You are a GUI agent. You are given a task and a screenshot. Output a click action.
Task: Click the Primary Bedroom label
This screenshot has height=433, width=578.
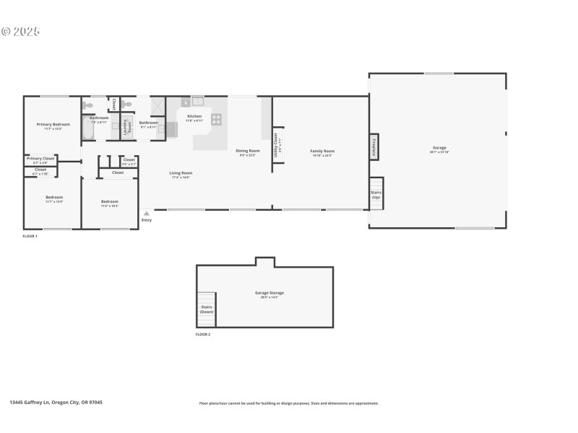(x=53, y=124)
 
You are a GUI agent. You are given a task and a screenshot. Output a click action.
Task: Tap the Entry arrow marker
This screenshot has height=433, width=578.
(x=146, y=214)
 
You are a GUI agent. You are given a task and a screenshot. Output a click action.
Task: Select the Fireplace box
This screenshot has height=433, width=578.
(x=374, y=146)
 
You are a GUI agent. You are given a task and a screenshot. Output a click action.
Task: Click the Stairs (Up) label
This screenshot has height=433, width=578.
(x=376, y=195)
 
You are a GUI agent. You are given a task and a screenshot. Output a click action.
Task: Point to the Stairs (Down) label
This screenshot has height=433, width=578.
(x=207, y=310)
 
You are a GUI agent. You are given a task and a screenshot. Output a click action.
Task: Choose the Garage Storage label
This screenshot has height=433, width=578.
(x=269, y=293)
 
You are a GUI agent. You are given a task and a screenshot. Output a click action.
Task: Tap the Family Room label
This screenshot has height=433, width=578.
(x=323, y=151)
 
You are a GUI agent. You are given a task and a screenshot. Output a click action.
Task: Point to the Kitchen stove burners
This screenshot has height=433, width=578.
(x=216, y=119)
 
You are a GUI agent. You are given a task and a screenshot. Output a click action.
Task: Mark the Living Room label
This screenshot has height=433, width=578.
(x=181, y=173)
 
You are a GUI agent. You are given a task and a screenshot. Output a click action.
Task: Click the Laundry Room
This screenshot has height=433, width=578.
(x=127, y=128)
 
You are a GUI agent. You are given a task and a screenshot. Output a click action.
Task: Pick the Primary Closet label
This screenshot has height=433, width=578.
(x=40, y=158)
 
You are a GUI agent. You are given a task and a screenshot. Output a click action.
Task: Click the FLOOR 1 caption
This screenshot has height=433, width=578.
(x=30, y=236)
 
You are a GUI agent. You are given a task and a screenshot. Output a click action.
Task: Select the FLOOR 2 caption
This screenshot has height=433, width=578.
(x=203, y=335)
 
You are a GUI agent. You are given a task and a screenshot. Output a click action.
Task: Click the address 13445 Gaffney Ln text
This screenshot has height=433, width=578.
(x=56, y=403)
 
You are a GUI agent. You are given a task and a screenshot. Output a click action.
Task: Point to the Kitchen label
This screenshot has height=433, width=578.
(x=194, y=116)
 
